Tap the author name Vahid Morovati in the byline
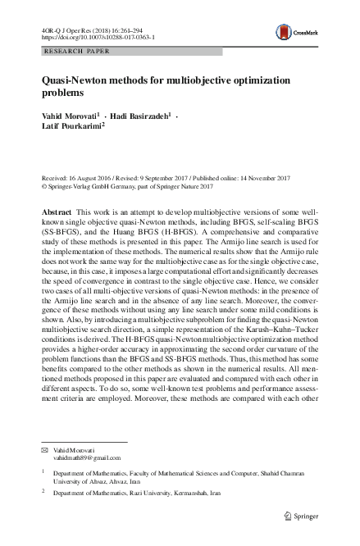point(69,117)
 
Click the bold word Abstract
point(57,212)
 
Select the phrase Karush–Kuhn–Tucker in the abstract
point(271,336)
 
